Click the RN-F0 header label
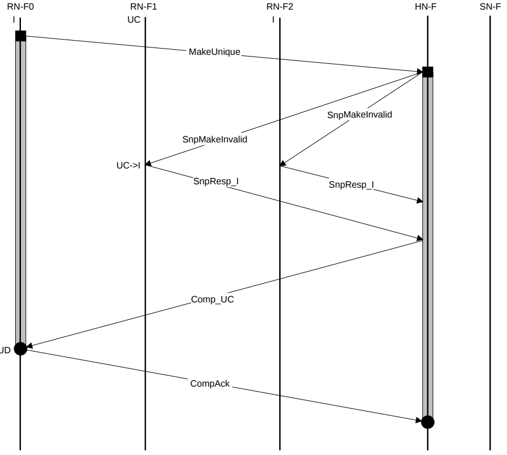(20, 7)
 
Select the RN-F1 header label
(145, 7)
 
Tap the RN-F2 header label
(280, 7)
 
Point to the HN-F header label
(428, 7)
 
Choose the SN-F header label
(490, 7)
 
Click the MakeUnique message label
(215, 52)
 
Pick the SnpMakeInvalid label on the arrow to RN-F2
(359, 114)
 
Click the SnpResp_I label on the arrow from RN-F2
(352, 184)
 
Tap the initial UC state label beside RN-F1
(134, 19)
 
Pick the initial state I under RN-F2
(273, 19)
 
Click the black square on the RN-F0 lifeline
(20, 36)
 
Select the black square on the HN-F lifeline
(428, 72)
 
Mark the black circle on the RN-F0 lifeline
(20, 348)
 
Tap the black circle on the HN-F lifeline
(428, 422)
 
